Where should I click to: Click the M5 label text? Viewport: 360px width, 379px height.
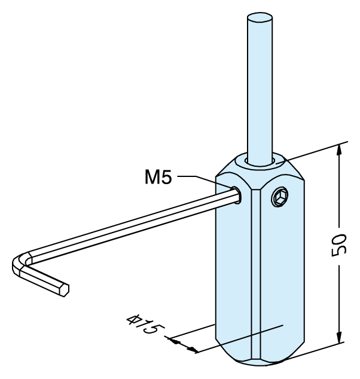158,177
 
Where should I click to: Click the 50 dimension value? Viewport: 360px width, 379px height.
338,245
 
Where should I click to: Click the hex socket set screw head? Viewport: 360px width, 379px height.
280,197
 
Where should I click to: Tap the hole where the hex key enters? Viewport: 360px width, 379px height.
237,195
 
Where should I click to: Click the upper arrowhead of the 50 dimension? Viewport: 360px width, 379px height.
339,150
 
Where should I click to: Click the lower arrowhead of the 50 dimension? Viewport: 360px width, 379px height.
339,337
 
